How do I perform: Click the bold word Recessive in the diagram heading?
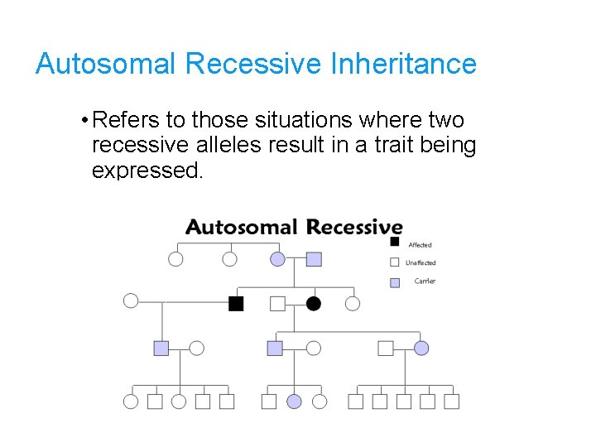click(x=353, y=228)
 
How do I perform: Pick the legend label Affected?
click(x=420, y=245)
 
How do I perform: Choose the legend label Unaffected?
click(x=421, y=263)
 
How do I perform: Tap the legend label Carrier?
click(x=425, y=281)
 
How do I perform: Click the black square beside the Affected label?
click(x=395, y=242)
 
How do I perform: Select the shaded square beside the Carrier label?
click(x=395, y=282)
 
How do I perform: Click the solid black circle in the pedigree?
click(x=314, y=304)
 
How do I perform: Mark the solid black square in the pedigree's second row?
click(x=236, y=304)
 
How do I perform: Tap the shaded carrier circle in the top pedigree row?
click(x=277, y=259)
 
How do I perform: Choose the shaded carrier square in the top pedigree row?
click(x=314, y=259)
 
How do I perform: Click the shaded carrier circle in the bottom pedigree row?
click(x=294, y=401)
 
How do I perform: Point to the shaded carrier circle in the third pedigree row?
click(x=421, y=348)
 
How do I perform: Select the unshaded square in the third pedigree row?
click(x=386, y=348)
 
